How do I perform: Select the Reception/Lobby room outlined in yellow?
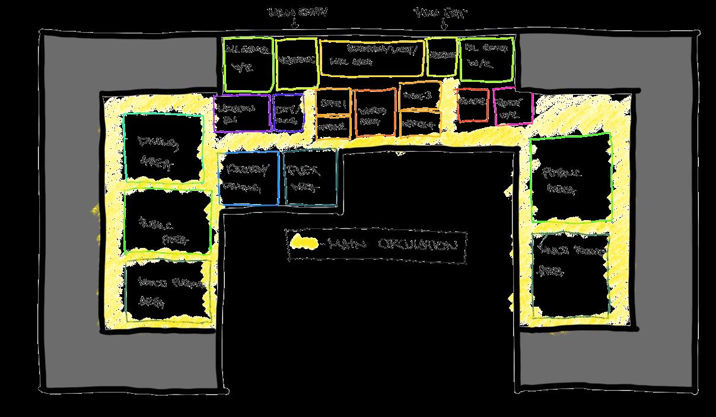(x=372, y=58)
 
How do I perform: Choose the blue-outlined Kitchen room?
(x=248, y=178)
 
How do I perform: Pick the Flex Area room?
(x=310, y=177)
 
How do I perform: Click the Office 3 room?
(x=419, y=98)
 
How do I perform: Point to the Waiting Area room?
(x=375, y=113)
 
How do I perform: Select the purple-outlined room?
(x=242, y=113)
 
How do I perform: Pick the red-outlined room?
(x=472, y=106)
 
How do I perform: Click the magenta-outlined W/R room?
(x=513, y=107)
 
